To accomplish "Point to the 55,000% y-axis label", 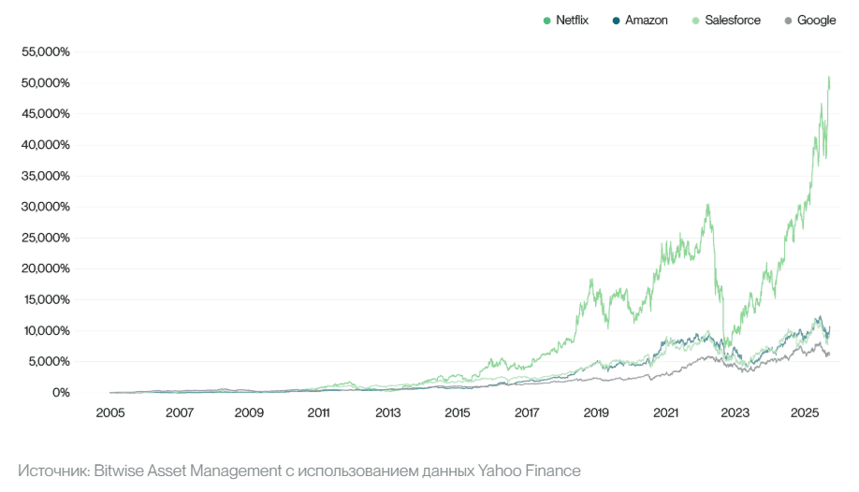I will click(45, 51).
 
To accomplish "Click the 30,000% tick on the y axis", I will click(45, 207).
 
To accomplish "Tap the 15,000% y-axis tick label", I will click(45, 299).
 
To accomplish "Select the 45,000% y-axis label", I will click(45, 114).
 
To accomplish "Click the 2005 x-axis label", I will click(110, 412).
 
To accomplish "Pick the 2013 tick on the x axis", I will click(388, 412).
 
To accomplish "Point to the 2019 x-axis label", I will click(596, 412).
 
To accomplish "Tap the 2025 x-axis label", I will click(805, 412).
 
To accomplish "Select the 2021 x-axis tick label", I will click(665, 412).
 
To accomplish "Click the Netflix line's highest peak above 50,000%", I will click(829, 79).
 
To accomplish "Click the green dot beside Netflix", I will click(547, 20).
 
